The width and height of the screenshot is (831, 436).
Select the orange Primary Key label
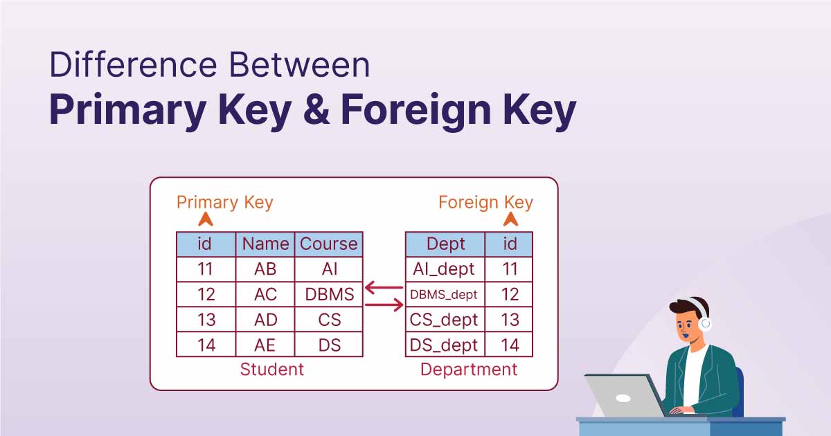tap(225, 202)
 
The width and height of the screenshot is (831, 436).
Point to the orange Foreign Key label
tap(485, 202)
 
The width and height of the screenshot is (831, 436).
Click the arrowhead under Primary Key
tap(206, 220)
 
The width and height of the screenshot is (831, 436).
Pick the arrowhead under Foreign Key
tap(511, 220)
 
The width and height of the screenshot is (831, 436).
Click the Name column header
tap(265, 244)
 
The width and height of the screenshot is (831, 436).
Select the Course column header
tap(329, 244)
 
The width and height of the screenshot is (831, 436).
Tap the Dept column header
tap(445, 244)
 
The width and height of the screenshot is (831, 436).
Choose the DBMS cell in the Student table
tap(329, 294)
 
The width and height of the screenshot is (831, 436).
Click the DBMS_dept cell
tap(444, 295)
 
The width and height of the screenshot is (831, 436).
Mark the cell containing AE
tap(265, 345)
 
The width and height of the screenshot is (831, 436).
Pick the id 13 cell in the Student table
tap(206, 320)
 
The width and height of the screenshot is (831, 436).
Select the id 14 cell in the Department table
tap(510, 345)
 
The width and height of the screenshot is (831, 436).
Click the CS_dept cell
tap(444, 320)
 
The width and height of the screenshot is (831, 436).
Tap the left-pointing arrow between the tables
tap(384, 287)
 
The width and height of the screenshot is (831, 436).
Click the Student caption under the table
tap(271, 370)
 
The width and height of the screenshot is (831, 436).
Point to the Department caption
tap(469, 370)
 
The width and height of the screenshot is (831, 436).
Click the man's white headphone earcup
tap(706, 323)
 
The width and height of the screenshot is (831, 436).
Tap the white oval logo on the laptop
tap(623, 399)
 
